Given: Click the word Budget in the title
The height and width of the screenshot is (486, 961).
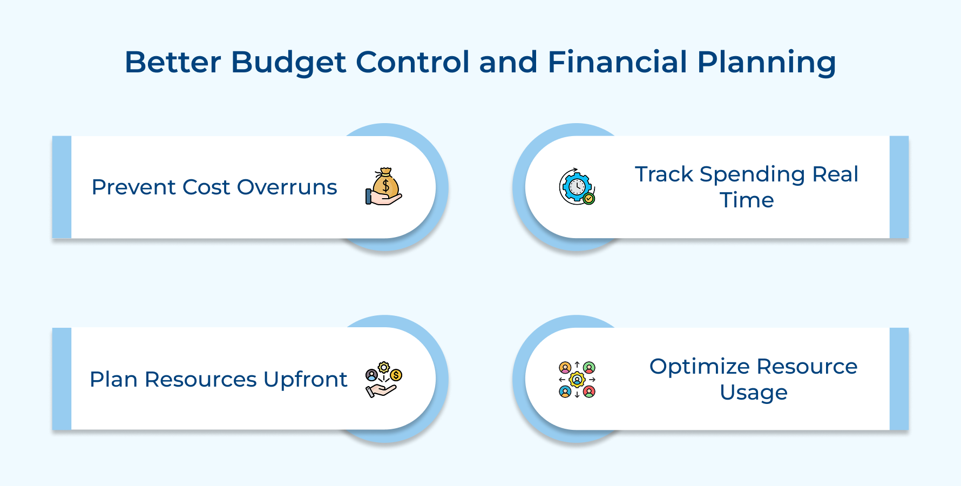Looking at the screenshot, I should click(288, 62).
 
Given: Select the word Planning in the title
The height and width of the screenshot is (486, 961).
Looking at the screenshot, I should click(767, 62).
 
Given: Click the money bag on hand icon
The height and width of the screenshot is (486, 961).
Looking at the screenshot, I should click(384, 187).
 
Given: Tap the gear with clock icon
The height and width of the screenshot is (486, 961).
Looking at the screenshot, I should click(577, 187).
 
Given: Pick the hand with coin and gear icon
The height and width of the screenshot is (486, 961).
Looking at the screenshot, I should click(384, 379).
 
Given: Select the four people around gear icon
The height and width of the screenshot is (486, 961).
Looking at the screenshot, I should click(577, 380).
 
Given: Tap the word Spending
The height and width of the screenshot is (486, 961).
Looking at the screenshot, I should click(752, 174).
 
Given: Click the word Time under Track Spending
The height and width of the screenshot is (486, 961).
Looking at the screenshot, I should click(747, 200).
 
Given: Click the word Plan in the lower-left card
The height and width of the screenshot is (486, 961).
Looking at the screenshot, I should click(113, 380).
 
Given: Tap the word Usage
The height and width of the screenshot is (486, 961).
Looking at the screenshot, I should click(753, 393).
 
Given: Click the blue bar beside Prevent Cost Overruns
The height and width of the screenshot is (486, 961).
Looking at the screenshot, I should click(62, 187).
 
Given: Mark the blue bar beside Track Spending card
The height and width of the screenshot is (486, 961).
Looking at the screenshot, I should click(899, 187).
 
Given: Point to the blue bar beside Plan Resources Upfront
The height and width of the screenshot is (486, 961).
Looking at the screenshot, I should click(62, 379).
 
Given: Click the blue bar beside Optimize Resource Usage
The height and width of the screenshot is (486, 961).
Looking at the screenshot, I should click(899, 379).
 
